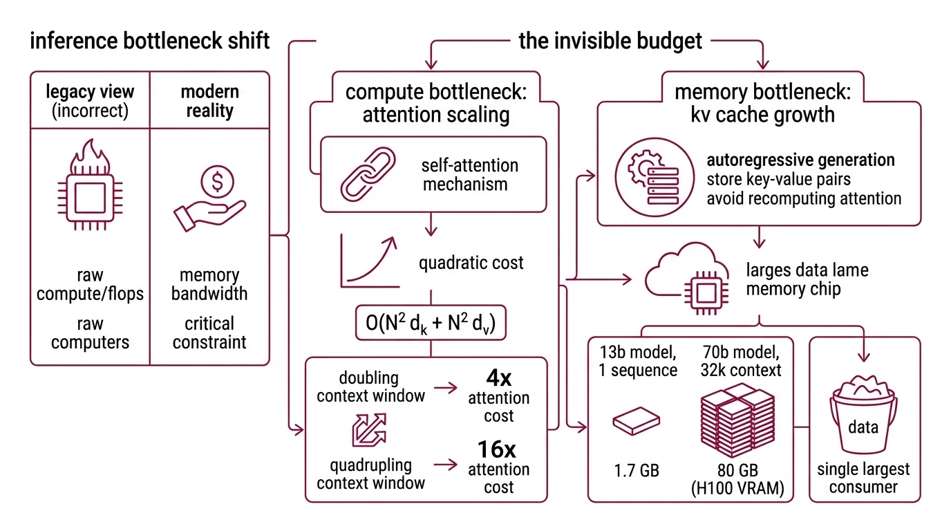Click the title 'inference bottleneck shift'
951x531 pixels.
tap(150, 41)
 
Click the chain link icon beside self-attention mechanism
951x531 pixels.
tap(367, 175)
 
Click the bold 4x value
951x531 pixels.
tap(498, 378)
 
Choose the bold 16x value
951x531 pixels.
tap(498, 449)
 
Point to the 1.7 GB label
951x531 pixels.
tap(636, 471)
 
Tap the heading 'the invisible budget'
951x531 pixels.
tap(610, 41)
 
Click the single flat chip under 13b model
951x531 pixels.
tap(636, 419)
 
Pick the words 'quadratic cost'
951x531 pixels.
tap(471, 263)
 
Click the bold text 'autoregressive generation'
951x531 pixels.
tap(800, 160)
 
